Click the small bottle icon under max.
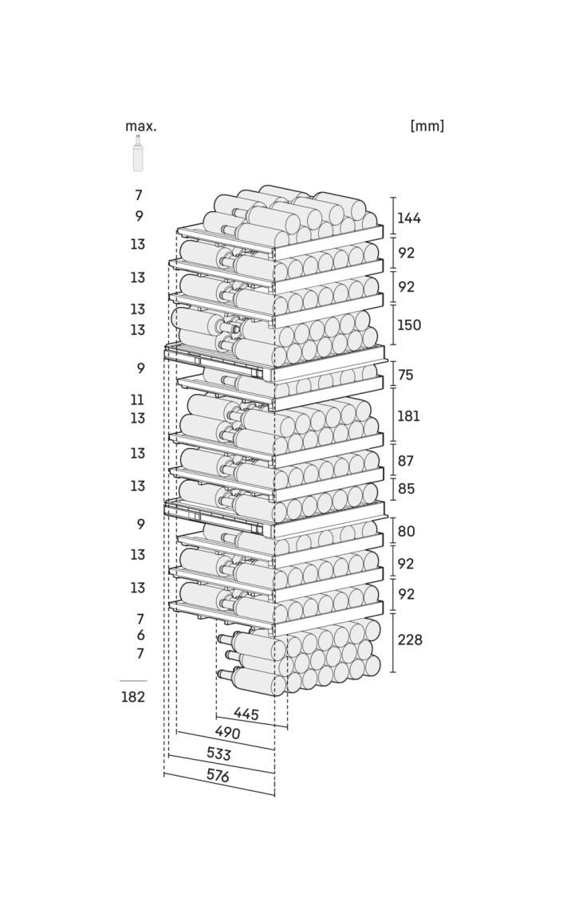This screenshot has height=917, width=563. click(137, 153)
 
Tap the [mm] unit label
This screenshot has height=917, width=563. click(427, 126)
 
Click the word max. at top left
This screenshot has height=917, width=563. click(141, 126)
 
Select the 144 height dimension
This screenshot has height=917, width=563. click(408, 218)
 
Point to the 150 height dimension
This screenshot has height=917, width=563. click(408, 325)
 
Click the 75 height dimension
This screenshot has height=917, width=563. click(405, 374)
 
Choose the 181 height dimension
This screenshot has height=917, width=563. click(408, 415)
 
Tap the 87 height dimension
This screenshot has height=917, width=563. click(405, 461)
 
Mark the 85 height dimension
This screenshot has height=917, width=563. click(405, 488)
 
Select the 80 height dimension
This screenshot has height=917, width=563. click(406, 531)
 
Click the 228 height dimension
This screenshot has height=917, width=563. click(410, 640)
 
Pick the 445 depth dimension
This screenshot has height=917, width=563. click(246, 714)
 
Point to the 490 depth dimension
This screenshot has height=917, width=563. click(227, 732)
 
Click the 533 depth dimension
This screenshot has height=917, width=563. click(219, 754)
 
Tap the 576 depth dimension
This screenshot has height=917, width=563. click(218, 776)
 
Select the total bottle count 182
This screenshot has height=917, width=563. click(132, 697)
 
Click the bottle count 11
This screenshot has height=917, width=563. click(137, 400)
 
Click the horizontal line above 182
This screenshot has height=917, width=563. click(133, 681)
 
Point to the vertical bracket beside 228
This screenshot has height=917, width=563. click(393, 642)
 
